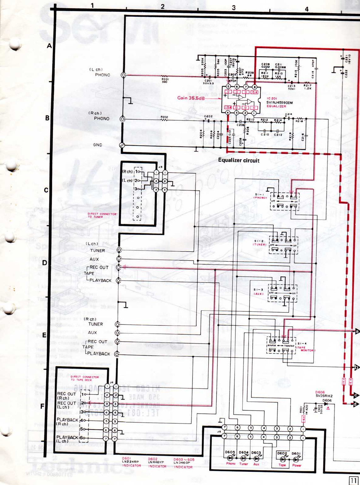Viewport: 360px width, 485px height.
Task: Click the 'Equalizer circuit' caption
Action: click(x=239, y=160)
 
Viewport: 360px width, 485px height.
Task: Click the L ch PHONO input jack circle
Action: click(x=123, y=75)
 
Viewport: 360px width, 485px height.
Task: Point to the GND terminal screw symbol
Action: click(x=122, y=145)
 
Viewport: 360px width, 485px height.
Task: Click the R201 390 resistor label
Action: click(x=165, y=80)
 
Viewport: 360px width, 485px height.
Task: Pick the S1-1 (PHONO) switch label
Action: click(x=261, y=196)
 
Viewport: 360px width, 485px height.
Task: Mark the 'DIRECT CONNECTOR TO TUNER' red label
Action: click(x=102, y=215)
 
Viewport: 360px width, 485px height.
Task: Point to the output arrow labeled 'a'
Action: click(x=357, y=331)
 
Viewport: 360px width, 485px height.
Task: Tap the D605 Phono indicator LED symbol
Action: click(x=230, y=458)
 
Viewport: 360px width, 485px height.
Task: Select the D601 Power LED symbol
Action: click(x=296, y=460)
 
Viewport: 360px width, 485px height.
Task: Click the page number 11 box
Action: click(x=353, y=480)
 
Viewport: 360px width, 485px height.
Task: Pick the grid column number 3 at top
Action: click(x=233, y=8)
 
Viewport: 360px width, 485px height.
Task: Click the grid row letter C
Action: click(x=46, y=190)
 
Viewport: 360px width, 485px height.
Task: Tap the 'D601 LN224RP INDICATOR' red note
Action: click(x=131, y=462)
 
